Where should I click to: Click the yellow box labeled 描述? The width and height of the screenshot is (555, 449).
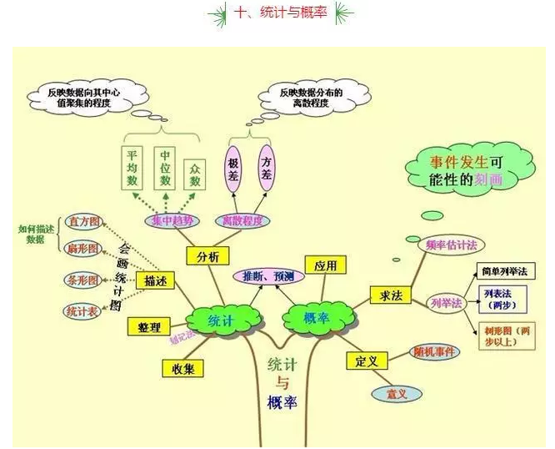pos(156,280)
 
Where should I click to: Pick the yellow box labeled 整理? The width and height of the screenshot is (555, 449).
pos(150,326)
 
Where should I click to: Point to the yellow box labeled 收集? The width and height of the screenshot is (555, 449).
pos(182,368)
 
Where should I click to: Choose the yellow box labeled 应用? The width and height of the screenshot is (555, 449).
pos(325,265)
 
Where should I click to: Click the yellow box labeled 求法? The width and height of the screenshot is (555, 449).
pos(391,295)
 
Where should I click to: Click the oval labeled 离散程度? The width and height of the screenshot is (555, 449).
pos(242,220)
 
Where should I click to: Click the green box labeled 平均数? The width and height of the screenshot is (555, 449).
pos(132,168)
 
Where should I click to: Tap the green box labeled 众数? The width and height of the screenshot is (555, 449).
pos(195,168)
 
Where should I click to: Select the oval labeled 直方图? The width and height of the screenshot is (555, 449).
pos(83,222)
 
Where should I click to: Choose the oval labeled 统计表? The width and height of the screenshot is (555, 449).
pos(81,310)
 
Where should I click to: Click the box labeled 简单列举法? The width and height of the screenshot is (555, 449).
pos(503,272)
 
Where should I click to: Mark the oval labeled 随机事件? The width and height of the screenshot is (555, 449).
pos(435,352)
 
